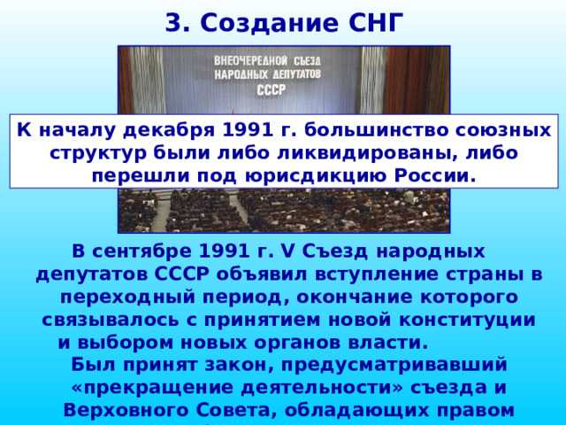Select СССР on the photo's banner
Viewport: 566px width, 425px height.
tap(272, 89)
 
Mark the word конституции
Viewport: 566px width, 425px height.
tap(471, 318)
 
